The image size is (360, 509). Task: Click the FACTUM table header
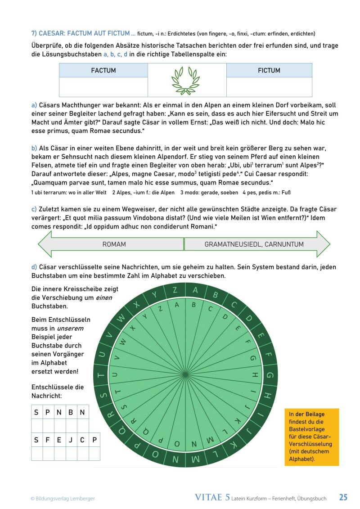(103, 70)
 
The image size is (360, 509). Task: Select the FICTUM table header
(269, 70)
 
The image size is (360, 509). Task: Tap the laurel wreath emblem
(187, 80)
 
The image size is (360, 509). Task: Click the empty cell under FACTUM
(103, 87)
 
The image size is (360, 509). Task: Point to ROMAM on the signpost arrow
(114, 244)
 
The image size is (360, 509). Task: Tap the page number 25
(343, 497)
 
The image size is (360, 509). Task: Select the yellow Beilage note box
(311, 437)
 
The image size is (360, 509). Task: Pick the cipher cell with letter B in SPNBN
(71, 412)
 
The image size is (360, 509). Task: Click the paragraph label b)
(34, 148)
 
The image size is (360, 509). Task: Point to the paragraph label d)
(34, 267)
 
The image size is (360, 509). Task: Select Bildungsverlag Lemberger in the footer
(63, 498)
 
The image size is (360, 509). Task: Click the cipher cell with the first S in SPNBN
(36, 412)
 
